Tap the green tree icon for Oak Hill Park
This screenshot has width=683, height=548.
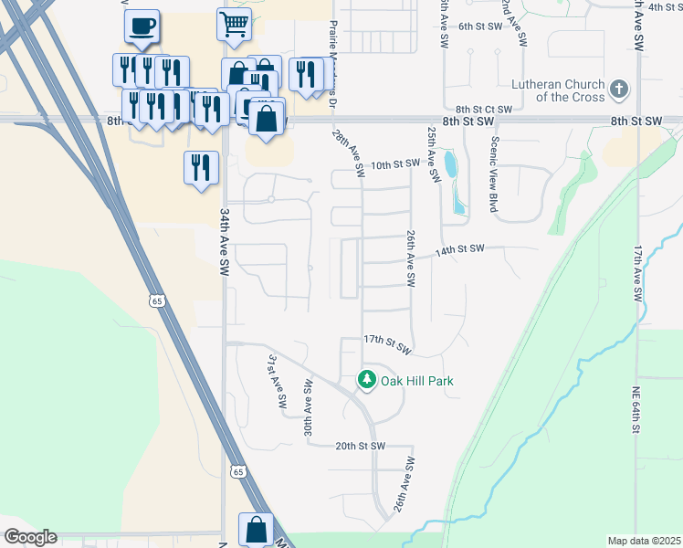coord(366,379)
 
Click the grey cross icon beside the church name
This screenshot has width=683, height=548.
coord(620,90)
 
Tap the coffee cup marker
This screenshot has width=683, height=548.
coord(142,26)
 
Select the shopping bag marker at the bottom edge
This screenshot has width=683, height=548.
coord(256,529)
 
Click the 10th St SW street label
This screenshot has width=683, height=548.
coord(396,163)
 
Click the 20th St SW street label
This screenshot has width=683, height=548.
coord(360,446)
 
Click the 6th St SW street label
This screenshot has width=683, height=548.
coord(481,26)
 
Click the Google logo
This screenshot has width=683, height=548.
coord(30,537)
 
